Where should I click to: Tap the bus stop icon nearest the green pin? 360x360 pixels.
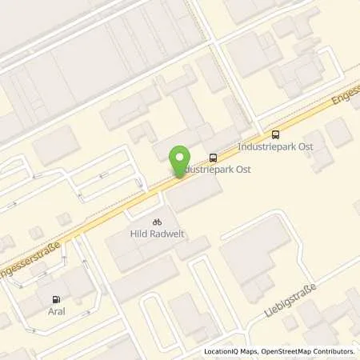click(213, 158)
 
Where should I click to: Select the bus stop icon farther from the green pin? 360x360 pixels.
click(276, 134)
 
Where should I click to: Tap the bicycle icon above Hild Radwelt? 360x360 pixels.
click(157, 221)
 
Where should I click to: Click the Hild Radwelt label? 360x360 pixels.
click(157, 234)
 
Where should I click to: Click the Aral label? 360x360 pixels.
click(56, 312)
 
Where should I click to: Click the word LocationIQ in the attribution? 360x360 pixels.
click(222, 352)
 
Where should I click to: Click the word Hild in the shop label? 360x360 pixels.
click(138, 234)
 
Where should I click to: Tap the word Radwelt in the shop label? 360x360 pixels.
click(165, 234)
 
